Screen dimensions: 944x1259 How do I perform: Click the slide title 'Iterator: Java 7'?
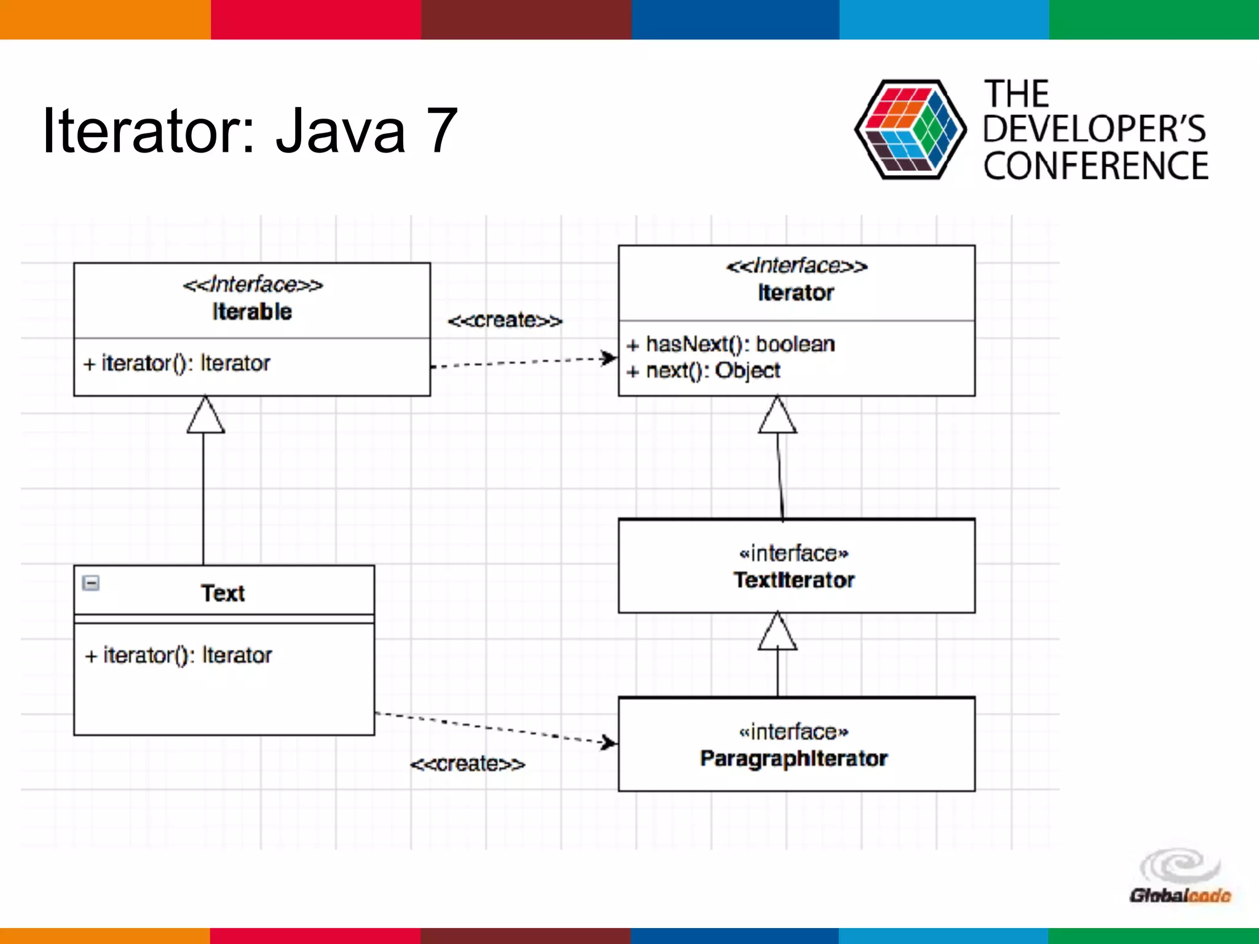[249, 130]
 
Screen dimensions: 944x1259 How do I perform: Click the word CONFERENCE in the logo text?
[1095, 166]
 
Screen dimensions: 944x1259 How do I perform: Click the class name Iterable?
[252, 312]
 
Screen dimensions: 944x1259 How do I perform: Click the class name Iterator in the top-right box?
[795, 293]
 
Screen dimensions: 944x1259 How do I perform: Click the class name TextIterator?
[794, 580]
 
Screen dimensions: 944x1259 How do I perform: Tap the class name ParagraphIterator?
[794, 758]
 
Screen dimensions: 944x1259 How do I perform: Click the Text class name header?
[223, 593]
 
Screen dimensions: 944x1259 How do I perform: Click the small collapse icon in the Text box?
[91, 583]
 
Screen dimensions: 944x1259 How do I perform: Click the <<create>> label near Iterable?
[505, 320]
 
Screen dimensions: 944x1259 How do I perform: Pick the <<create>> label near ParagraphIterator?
[467, 764]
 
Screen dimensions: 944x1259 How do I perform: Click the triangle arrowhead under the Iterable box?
[205, 416]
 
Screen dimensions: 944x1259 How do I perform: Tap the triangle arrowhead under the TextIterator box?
[778, 632]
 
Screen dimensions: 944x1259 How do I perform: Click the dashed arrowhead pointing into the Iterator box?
[609, 358]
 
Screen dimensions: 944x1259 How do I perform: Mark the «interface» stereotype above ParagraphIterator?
[794, 732]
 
